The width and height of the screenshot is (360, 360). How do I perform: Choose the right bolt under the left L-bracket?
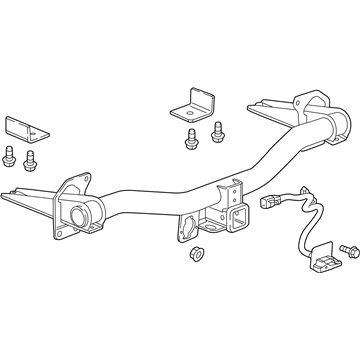click(31, 157)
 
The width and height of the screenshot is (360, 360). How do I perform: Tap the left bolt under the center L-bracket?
click(191, 139)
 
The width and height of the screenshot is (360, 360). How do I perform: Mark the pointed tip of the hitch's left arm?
click(8, 198)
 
